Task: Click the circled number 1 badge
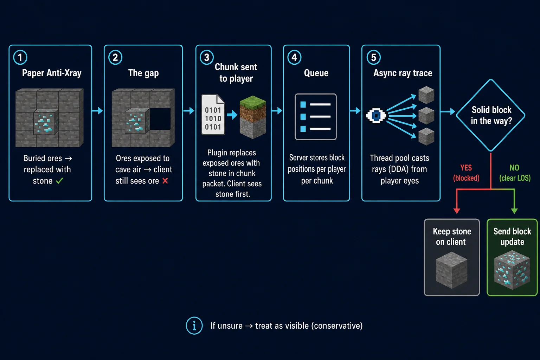[20, 57]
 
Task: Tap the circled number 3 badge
[207, 57]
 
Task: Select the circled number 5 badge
[373, 57]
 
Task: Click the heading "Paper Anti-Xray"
[52, 73]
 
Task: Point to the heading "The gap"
[143, 73]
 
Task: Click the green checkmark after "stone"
[59, 181]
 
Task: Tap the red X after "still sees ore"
[165, 181]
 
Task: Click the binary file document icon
[213, 115]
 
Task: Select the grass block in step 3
[253, 117]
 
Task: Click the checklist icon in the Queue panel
[316, 117]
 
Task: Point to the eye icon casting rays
[376, 116]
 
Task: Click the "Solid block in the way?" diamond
[490, 115]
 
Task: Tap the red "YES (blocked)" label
[466, 173]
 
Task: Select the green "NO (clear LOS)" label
[515, 173]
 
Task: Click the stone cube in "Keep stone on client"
[451, 270]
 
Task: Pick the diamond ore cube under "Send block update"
[512, 270]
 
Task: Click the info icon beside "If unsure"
[194, 326]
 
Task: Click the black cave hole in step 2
[160, 119]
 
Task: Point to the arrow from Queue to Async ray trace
[355, 111]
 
